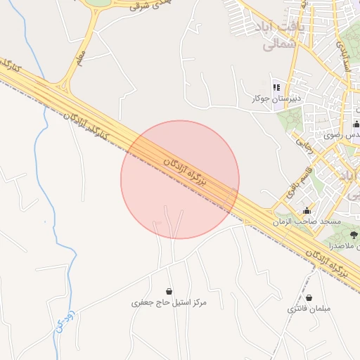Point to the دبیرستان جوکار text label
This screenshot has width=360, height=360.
click(x=276, y=98)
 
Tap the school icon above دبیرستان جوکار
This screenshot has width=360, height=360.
click(x=276, y=87)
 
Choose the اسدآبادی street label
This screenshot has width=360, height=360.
click(x=343, y=53)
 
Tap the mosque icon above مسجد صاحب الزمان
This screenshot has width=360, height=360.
click(x=307, y=210)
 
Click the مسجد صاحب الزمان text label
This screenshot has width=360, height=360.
click(x=307, y=221)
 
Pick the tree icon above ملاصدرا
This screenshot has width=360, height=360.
click(x=352, y=235)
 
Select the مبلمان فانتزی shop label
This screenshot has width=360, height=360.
click(x=309, y=309)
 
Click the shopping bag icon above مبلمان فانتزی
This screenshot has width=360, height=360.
click(x=309, y=298)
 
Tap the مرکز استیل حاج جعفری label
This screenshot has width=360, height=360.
click(x=169, y=302)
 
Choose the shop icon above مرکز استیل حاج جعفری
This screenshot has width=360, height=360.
click(x=169, y=291)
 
